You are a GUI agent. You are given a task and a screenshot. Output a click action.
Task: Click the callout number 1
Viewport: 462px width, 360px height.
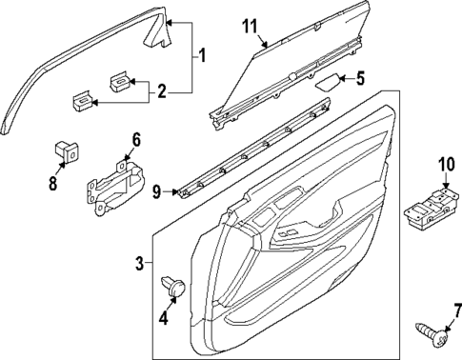(202, 57)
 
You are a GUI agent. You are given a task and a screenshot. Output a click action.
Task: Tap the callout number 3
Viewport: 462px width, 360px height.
(139, 263)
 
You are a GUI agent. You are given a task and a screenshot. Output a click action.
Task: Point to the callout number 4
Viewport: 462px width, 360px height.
(162, 318)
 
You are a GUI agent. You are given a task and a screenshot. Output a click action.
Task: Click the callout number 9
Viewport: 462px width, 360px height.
(157, 191)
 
